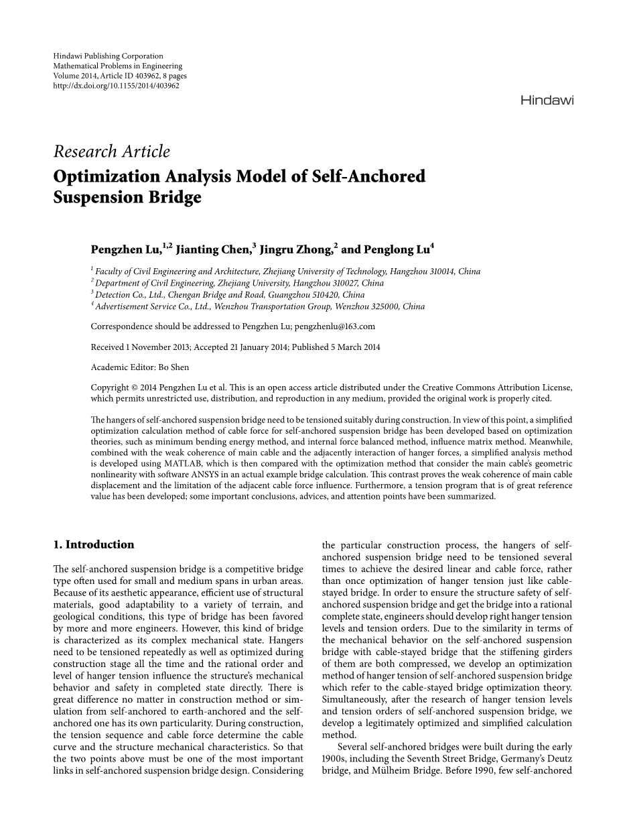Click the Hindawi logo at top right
(x=547, y=101)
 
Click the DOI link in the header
(x=116, y=86)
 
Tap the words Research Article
(x=112, y=152)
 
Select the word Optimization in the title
(x=107, y=176)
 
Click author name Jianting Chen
(x=214, y=249)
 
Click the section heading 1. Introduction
(x=94, y=544)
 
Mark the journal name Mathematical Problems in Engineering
(x=117, y=66)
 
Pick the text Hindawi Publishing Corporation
(x=108, y=56)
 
